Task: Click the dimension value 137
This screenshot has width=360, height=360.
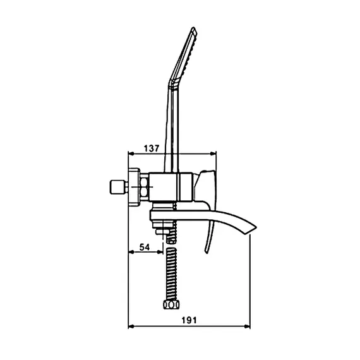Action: (x=152, y=148)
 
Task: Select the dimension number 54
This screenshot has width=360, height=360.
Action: (x=145, y=248)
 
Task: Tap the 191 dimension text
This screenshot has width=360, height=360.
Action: (x=189, y=320)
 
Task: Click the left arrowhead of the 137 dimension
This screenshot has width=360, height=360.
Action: (x=131, y=153)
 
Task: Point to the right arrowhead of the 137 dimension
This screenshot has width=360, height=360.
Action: (x=213, y=153)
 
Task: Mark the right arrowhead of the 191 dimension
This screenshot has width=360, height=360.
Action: (x=248, y=327)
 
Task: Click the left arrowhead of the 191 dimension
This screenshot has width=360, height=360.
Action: (x=131, y=327)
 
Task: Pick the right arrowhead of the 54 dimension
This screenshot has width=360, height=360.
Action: (x=160, y=252)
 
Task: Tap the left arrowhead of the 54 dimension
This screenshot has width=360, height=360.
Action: (x=131, y=252)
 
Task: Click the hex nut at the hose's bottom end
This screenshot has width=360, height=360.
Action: (x=171, y=304)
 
